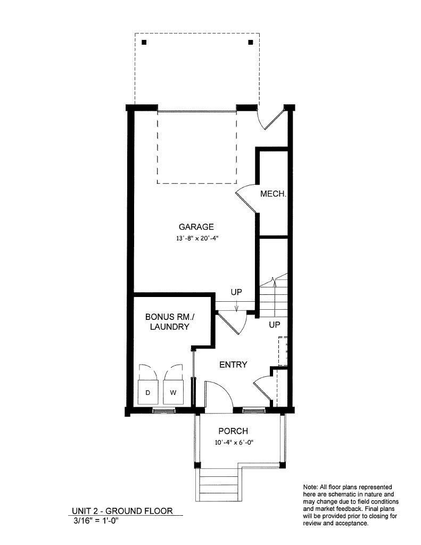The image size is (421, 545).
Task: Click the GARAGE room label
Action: (x=196, y=226)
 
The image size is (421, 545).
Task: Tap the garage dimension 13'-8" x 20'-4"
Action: (x=197, y=239)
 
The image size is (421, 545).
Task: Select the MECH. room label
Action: (x=273, y=194)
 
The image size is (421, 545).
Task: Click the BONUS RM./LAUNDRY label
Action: (x=167, y=321)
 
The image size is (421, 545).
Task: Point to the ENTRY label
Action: (x=233, y=365)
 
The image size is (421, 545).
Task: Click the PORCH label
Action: (x=233, y=431)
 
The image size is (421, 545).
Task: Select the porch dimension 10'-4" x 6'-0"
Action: (x=233, y=442)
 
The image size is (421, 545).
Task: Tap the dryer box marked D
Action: (x=147, y=393)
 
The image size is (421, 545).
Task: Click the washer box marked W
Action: (x=173, y=393)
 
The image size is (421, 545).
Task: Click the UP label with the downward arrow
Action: (x=236, y=293)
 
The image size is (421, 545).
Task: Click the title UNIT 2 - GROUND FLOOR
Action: (x=122, y=511)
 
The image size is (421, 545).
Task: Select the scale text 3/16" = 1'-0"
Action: (x=96, y=521)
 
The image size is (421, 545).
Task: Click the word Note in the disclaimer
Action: (x=310, y=487)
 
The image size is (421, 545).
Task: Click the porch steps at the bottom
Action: (x=219, y=485)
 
